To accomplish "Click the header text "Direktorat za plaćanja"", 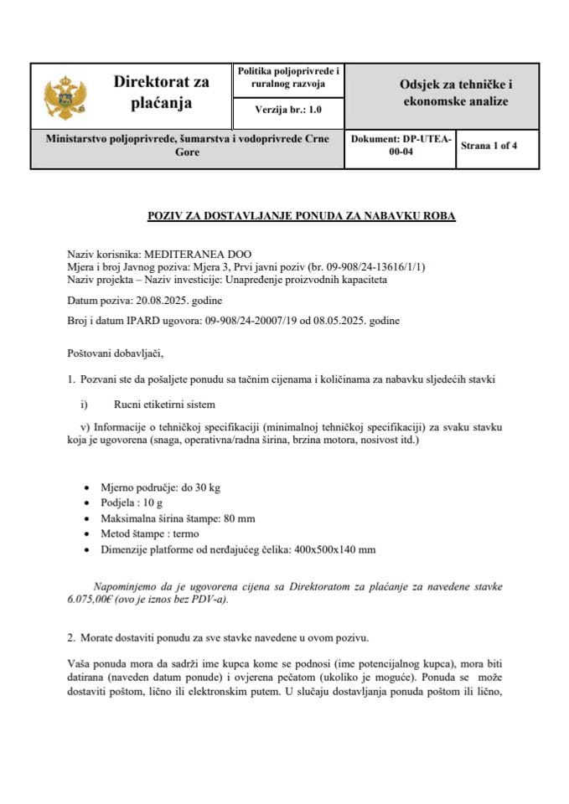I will [x=161, y=92].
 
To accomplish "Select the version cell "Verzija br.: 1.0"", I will [x=287, y=110].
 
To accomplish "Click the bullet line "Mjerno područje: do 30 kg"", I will [x=160, y=487].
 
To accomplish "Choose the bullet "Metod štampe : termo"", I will [x=151, y=534].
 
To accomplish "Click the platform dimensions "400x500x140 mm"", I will [x=336, y=549].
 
